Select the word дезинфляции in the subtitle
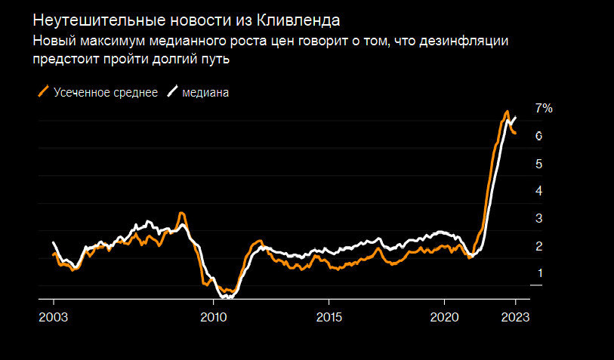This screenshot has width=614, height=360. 467,42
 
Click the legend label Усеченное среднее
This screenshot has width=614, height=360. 106,92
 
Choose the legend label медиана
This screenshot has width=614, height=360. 205,92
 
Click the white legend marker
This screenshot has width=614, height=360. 172,92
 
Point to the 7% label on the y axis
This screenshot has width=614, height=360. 544,109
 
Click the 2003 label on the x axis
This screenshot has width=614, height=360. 53,318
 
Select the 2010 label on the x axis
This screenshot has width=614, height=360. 214,318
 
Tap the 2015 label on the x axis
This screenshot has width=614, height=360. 329,318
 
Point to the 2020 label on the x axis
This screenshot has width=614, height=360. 444,318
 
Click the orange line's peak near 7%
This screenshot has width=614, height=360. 507,112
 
